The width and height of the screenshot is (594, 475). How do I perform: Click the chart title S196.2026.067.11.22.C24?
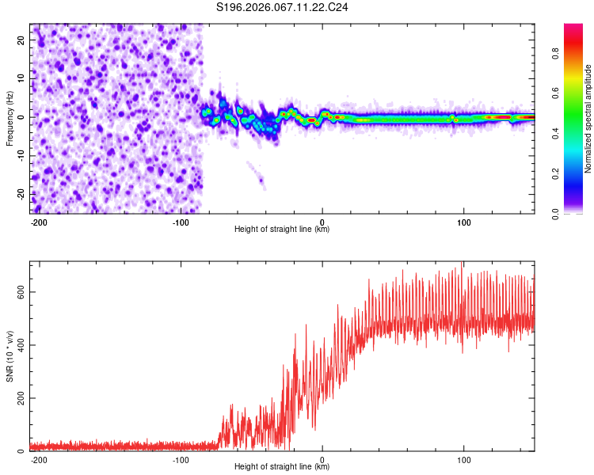pyautogui.click(x=283, y=8)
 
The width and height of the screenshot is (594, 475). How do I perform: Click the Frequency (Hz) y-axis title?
pyautogui.click(x=10, y=118)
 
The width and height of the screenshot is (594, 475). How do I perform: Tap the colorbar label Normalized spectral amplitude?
pyautogui.click(x=588, y=118)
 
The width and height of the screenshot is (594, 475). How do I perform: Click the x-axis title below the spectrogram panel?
pyautogui.click(x=282, y=230)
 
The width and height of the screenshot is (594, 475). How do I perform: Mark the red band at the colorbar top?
pyautogui.click(x=574, y=29)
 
